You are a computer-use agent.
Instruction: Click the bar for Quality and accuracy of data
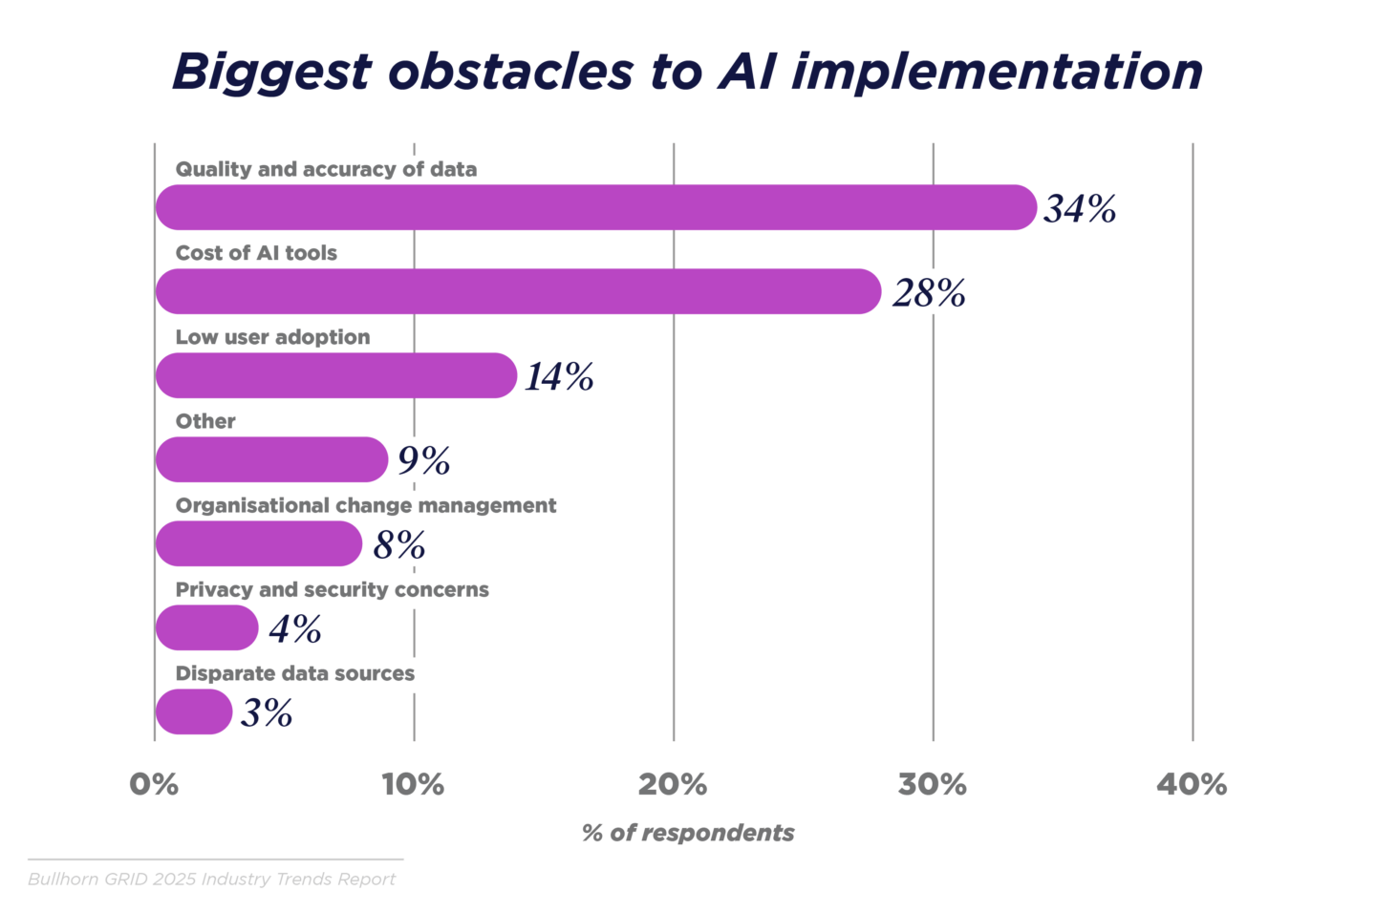coord(595,207)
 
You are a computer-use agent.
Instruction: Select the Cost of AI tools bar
coord(518,291)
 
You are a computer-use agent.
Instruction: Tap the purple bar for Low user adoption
coord(335,375)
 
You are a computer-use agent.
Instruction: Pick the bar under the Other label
coord(271,459)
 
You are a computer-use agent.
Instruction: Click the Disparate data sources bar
coord(194,712)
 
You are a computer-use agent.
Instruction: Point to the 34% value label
coord(1080,208)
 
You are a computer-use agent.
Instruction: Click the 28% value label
coord(929,292)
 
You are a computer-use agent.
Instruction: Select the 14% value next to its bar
coord(559,376)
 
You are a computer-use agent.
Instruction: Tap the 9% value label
coord(423,460)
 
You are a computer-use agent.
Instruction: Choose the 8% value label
coord(398,544)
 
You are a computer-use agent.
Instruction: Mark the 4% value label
coord(294,628)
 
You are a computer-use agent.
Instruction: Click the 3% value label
coord(267,712)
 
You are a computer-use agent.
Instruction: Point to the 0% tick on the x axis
coord(154,784)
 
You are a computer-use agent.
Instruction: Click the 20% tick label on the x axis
coord(673,784)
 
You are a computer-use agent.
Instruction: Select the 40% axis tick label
coord(1192,784)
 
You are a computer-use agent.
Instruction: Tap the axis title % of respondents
coord(688,833)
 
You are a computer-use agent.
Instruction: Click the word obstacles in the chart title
coord(510,72)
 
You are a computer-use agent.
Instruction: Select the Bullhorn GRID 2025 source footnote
coord(211,879)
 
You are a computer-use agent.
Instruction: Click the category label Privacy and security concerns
coord(332,589)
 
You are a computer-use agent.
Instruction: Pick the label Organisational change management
coord(365,505)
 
